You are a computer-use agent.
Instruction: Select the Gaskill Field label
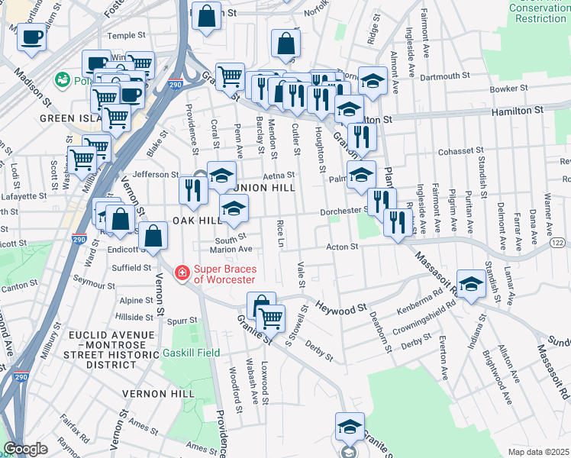191,353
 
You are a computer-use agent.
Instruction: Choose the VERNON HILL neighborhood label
154,393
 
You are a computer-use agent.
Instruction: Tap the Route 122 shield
559,243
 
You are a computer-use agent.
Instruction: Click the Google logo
25,449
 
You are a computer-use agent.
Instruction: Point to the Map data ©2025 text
538,452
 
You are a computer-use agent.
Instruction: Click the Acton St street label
343,247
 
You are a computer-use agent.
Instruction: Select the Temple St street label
126,35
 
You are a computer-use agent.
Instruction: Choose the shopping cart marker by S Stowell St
271,318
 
